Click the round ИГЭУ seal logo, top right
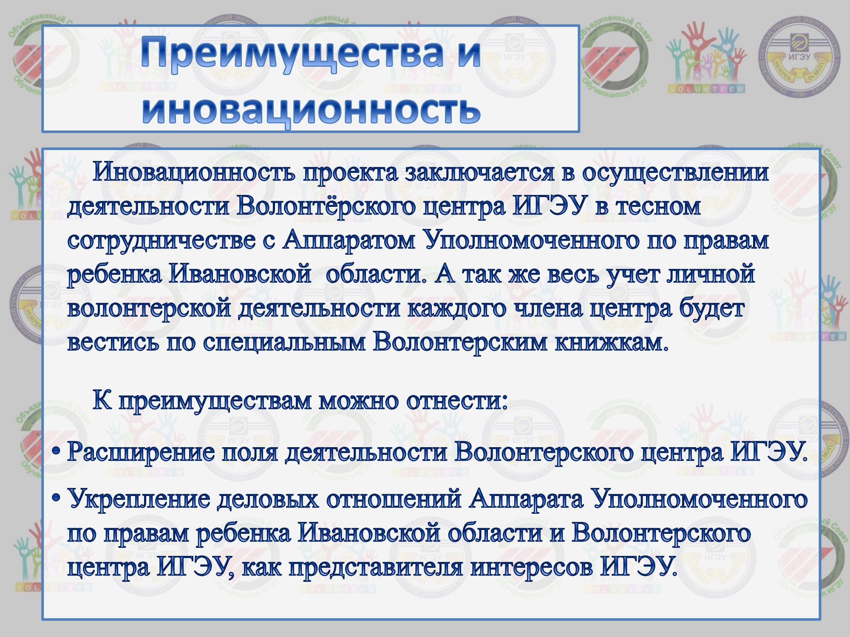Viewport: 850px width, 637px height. pos(799,57)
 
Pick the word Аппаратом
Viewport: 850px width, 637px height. pos(349,240)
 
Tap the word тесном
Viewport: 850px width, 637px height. pos(658,207)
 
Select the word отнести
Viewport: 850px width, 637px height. pos(457,401)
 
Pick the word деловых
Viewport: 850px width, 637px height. pos(268,499)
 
